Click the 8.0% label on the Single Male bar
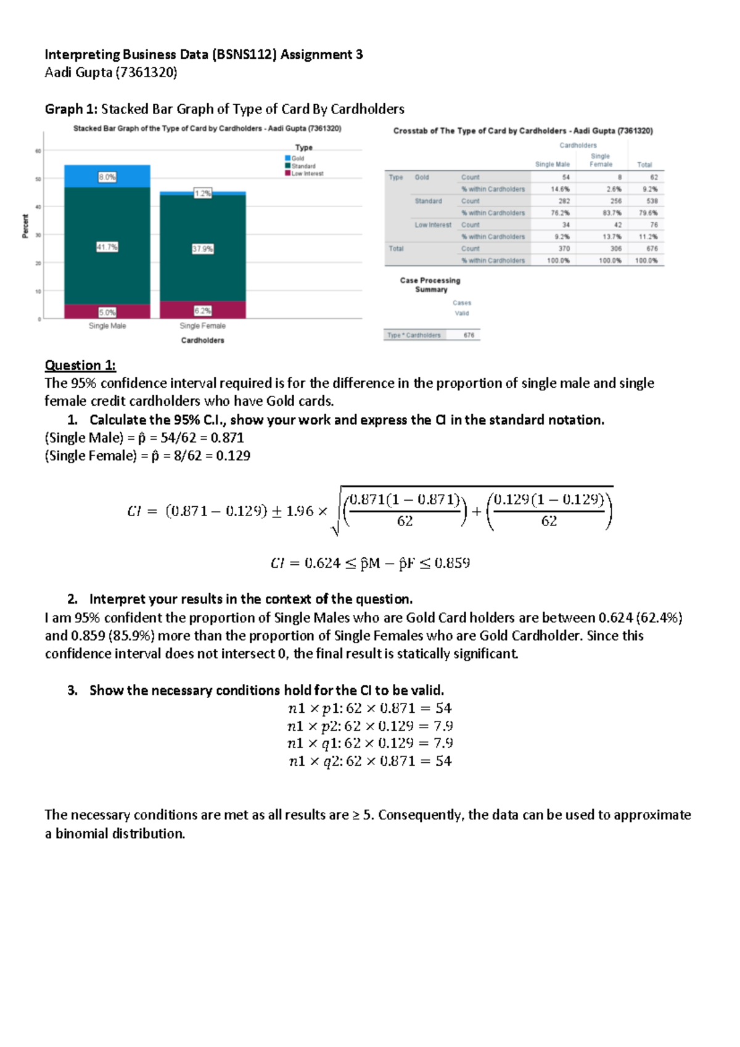(107, 177)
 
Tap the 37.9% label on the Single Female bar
(202, 249)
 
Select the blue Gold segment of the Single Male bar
(107, 176)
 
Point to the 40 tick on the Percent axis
(38, 207)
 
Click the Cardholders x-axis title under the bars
(202, 340)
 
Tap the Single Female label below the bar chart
(202, 326)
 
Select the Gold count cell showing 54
(565, 177)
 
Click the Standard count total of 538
(652, 201)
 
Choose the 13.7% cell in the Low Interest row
(613, 237)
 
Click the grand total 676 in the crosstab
(652, 248)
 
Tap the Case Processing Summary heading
(430, 285)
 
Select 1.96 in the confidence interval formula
(300, 511)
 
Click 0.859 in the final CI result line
(452, 563)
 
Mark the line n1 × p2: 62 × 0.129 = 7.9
(370, 726)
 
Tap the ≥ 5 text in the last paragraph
(363, 815)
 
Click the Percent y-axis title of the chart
(25, 226)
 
